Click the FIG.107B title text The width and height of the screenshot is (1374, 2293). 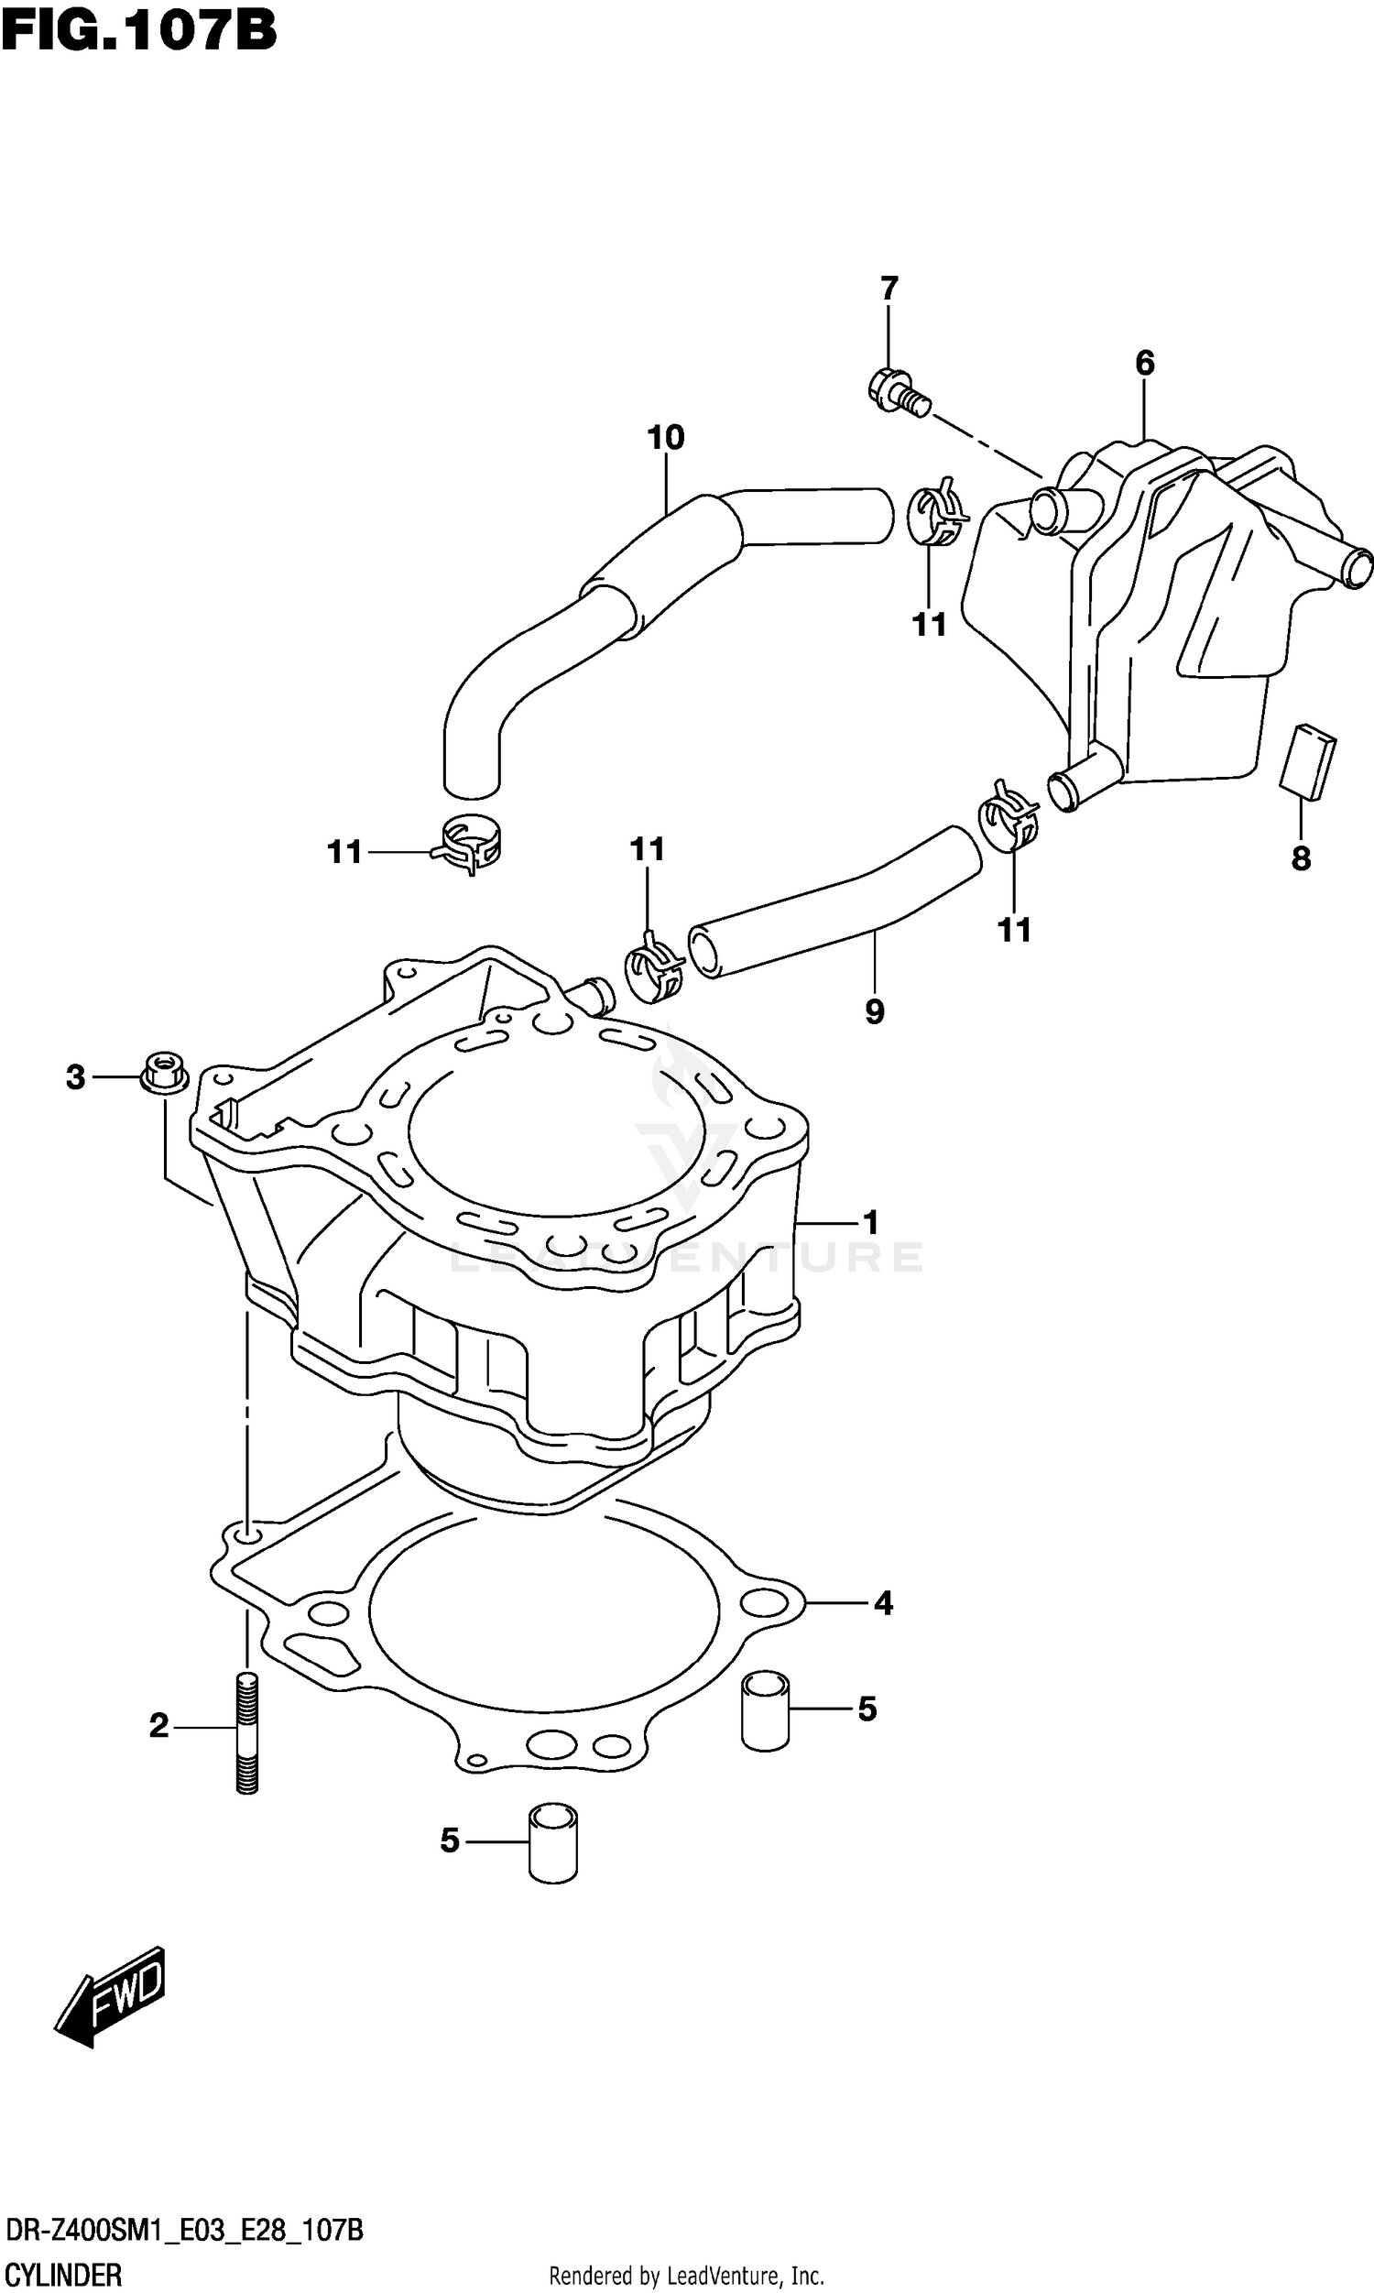139,29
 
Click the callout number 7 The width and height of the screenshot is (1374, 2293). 889,289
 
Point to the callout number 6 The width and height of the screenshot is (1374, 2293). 1144,364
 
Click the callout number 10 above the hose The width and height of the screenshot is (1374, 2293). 666,437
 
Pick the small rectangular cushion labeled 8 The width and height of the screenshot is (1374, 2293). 1307,760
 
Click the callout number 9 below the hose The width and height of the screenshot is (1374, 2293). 874,1010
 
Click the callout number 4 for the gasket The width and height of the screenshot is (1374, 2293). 882,1603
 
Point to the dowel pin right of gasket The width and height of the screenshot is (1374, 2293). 766,1709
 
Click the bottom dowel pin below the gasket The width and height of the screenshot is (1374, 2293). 552,1842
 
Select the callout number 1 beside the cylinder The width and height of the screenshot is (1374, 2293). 870,1223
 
